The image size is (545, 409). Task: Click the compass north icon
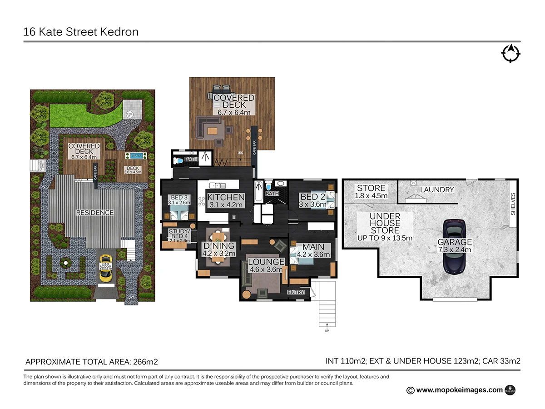(x=510, y=53)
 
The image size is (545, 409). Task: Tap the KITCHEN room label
(x=226, y=200)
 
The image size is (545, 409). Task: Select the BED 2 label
(x=313, y=200)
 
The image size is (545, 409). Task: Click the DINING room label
(x=218, y=249)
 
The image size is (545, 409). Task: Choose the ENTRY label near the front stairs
(x=296, y=292)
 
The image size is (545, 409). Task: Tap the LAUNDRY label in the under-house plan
(x=437, y=190)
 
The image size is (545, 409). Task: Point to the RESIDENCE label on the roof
(x=95, y=212)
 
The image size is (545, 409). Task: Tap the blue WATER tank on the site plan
(x=136, y=156)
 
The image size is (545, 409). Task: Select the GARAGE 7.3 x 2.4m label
(x=455, y=246)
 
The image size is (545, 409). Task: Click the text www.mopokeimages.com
(x=459, y=389)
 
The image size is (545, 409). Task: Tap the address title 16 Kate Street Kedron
(x=81, y=32)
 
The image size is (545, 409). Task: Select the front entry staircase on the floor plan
(x=326, y=304)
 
